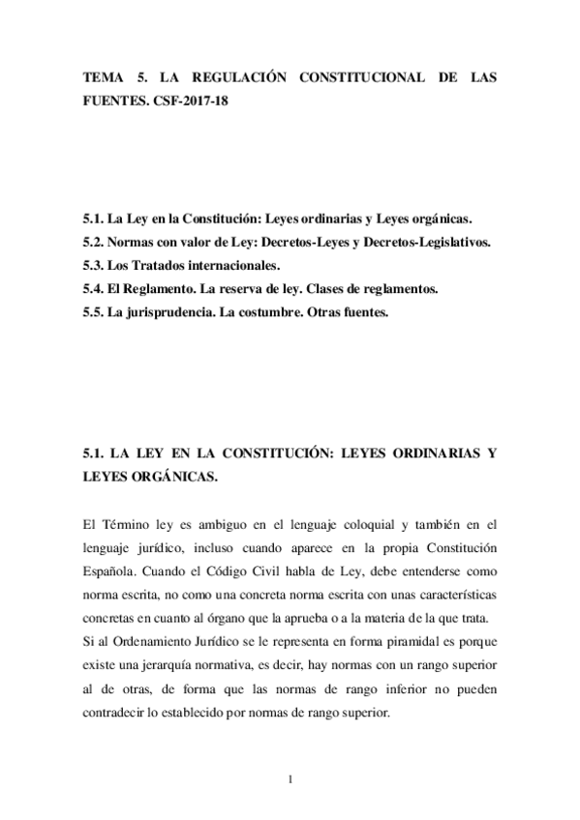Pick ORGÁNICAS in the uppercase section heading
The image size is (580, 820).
172,477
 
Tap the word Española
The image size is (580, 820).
111,571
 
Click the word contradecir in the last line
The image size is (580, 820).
120,712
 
